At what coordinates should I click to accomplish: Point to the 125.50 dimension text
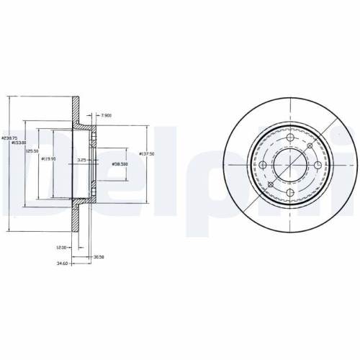(32, 150)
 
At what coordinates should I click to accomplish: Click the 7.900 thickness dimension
(107, 114)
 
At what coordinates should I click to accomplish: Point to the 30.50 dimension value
(99, 256)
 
